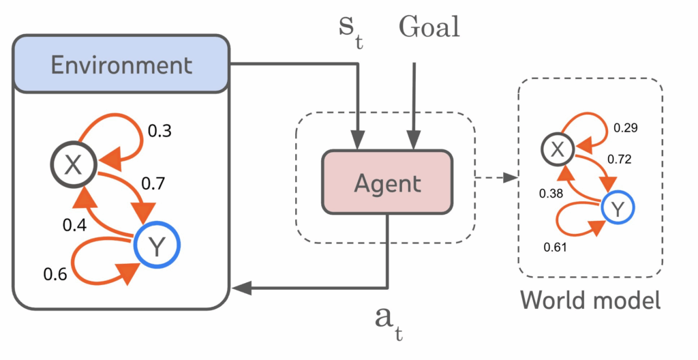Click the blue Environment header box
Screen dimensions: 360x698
121,65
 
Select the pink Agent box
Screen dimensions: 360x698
387,182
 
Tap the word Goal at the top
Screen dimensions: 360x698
429,27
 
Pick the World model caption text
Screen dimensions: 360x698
590,300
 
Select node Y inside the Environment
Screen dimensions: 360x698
156,245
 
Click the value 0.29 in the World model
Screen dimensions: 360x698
627,127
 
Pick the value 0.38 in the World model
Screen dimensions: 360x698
552,193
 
